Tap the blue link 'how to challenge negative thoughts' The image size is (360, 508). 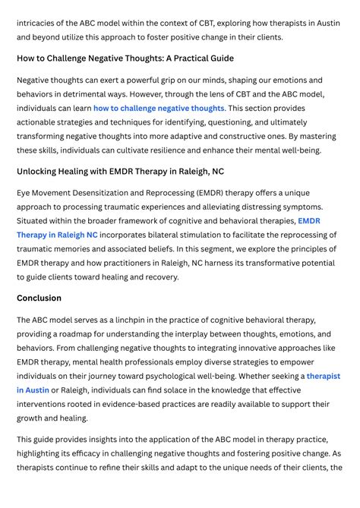coord(159,109)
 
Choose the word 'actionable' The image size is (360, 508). coord(42,122)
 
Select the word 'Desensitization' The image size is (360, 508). coord(122,193)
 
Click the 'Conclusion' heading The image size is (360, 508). coord(39,298)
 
